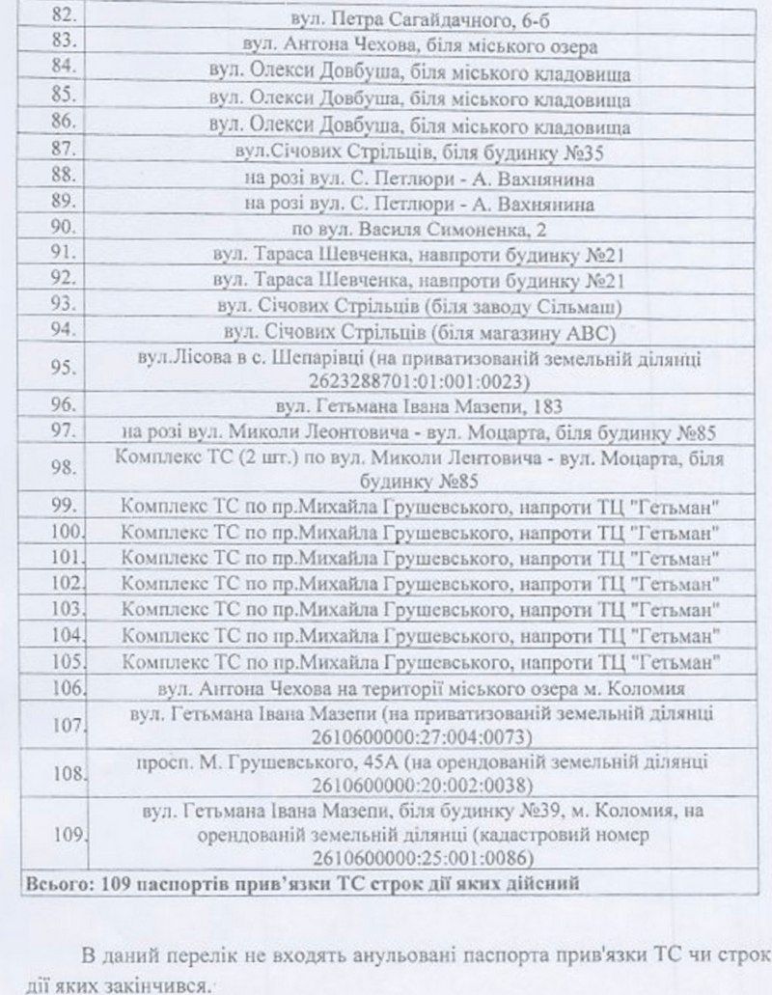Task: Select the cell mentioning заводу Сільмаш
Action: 417,306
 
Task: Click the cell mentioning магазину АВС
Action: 417,332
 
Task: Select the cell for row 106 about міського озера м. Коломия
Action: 417,689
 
